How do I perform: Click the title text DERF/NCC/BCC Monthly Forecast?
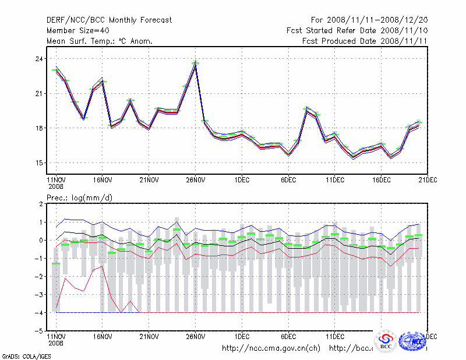(109, 20)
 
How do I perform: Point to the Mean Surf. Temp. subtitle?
(100, 41)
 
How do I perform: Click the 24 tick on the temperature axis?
(38, 59)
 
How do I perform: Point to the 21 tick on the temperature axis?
(38, 94)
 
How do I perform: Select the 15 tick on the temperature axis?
(38, 163)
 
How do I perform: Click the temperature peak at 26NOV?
(195, 63)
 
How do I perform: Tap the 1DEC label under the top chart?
(242, 180)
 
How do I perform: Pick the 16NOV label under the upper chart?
(102, 180)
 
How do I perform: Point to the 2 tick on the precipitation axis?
(40, 204)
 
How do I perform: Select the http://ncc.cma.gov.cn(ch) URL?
(271, 348)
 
